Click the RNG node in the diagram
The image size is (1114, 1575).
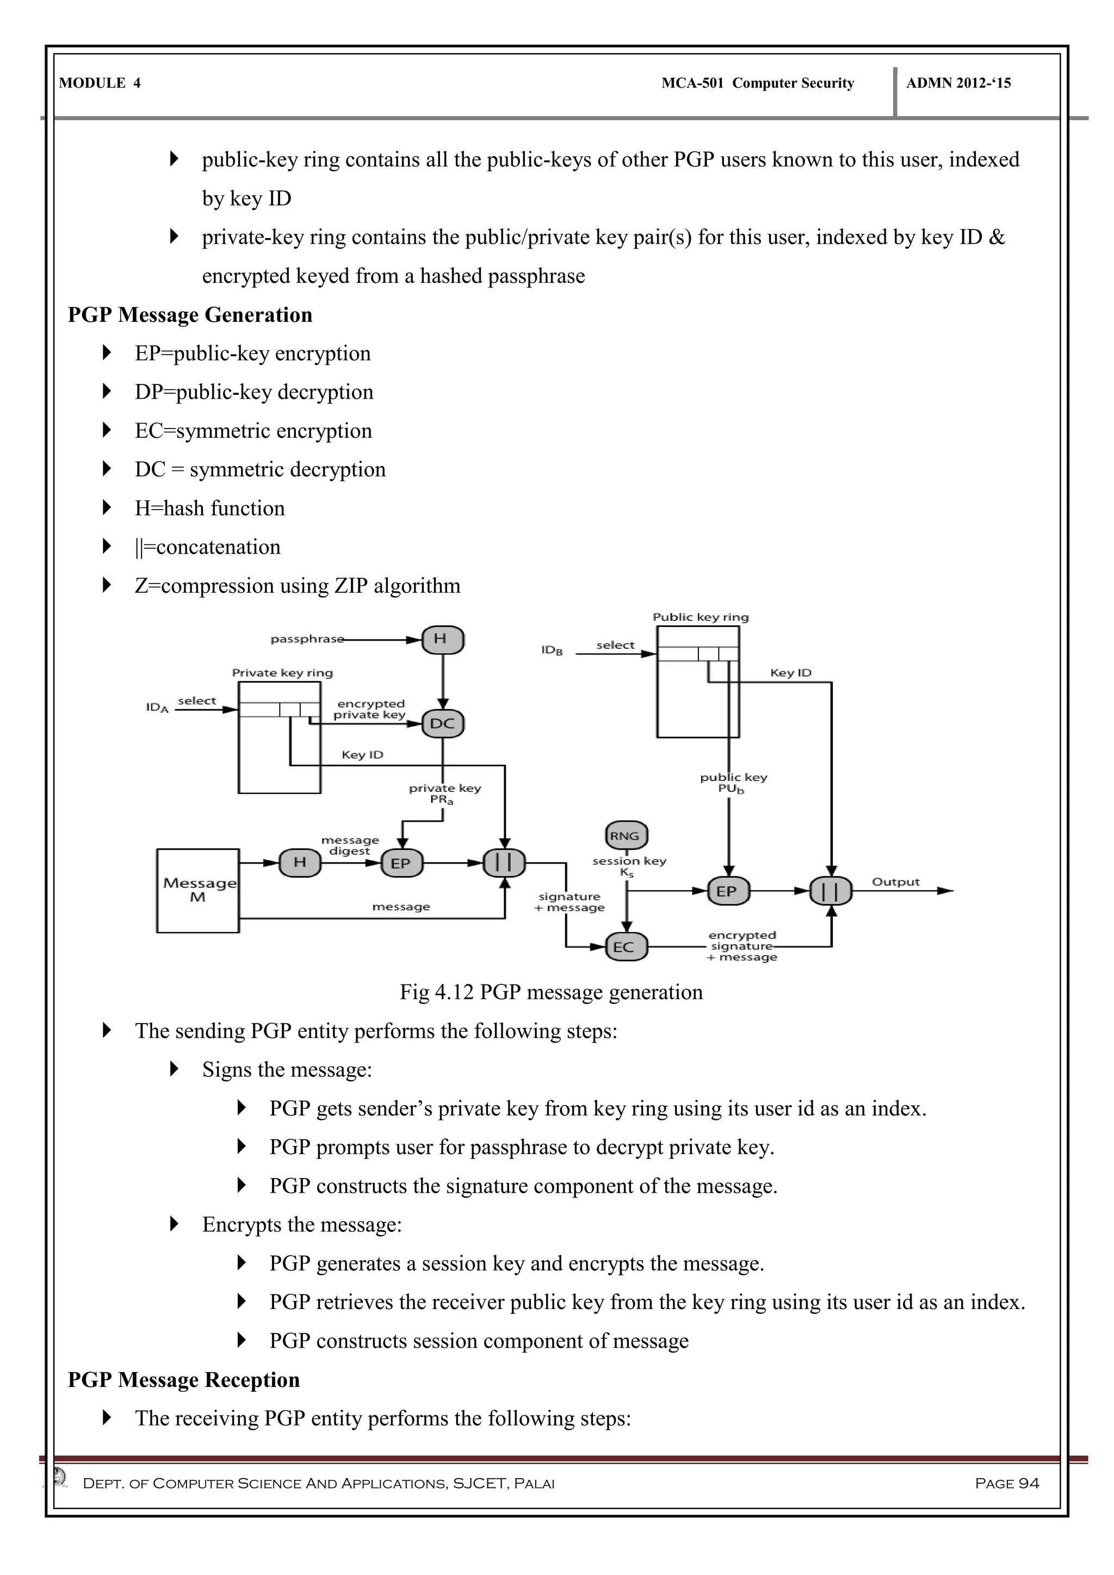tap(626, 835)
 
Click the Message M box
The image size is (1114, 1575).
tap(197, 890)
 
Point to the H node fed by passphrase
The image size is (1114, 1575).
tap(442, 640)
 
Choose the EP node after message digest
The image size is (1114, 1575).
tap(401, 863)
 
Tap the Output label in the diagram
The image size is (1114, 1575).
tap(895, 882)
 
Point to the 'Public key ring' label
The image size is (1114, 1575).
tap(701, 617)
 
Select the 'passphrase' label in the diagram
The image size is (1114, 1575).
tap(307, 640)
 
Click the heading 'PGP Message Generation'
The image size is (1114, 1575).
tap(190, 315)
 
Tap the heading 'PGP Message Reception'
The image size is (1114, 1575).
tap(184, 1380)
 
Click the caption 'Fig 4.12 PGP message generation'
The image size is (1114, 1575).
tap(551, 993)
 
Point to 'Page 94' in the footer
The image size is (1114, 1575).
tap(1006, 1484)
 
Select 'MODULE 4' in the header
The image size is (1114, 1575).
tap(100, 84)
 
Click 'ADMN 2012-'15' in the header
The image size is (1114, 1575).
tap(958, 84)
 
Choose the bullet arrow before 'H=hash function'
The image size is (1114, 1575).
tap(106, 507)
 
